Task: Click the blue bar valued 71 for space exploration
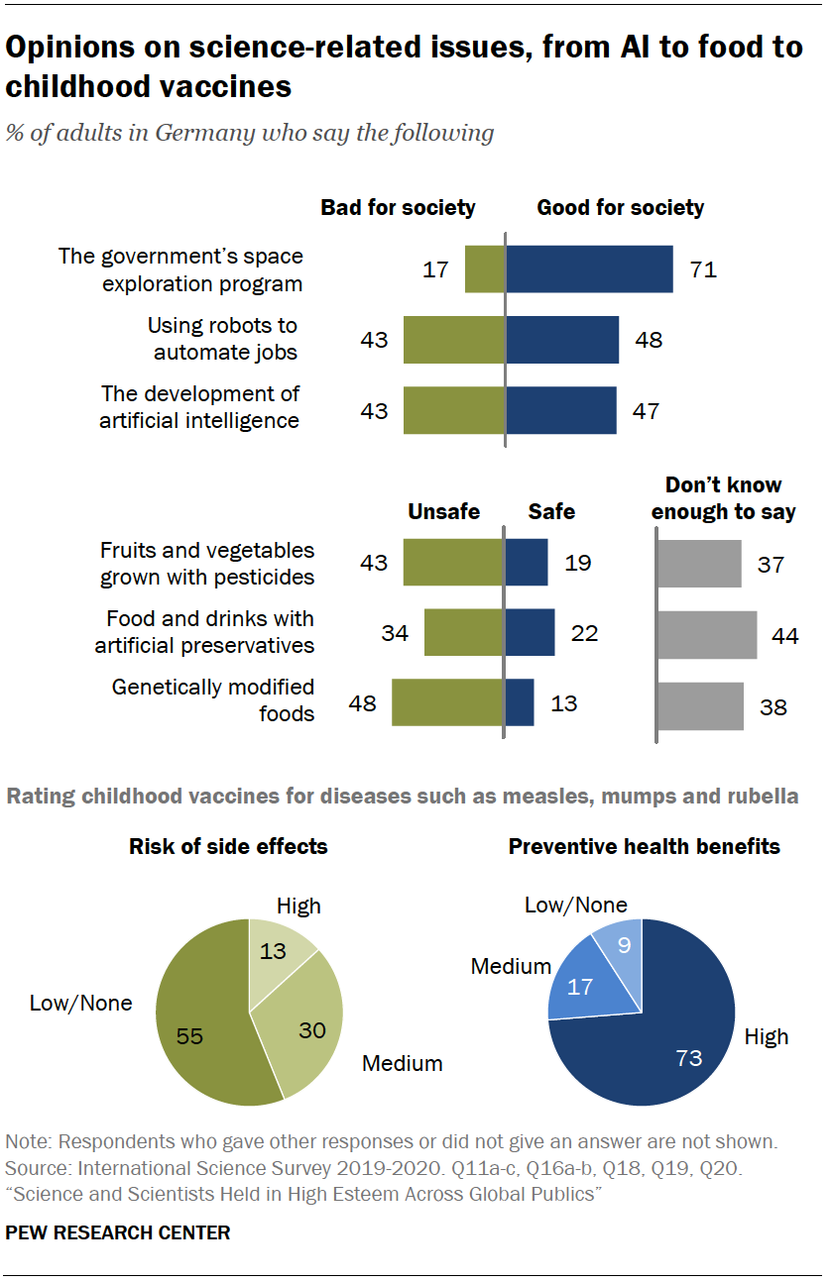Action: pyautogui.click(x=589, y=269)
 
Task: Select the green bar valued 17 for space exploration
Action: pyautogui.click(x=485, y=269)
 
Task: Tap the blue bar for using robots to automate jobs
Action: pyautogui.click(x=562, y=340)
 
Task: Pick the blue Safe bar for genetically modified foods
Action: pyautogui.click(x=520, y=702)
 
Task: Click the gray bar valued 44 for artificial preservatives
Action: pyautogui.click(x=707, y=635)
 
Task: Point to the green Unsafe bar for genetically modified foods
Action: pyautogui.click(x=447, y=702)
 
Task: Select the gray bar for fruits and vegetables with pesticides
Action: pyautogui.click(x=699, y=564)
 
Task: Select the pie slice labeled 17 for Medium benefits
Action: pyautogui.click(x=585, y=986)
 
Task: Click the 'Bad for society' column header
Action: pyautogui.click(x=398, y=208)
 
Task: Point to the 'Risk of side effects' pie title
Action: pyautogui.click(x=228, y=846)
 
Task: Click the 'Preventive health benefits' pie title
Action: pyautogui.click(x=645, y=846)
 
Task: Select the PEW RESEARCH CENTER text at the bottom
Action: pyautogui.click(x=118, y=1232)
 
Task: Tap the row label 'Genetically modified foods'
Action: pyautogui.click(x=213, y=699)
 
